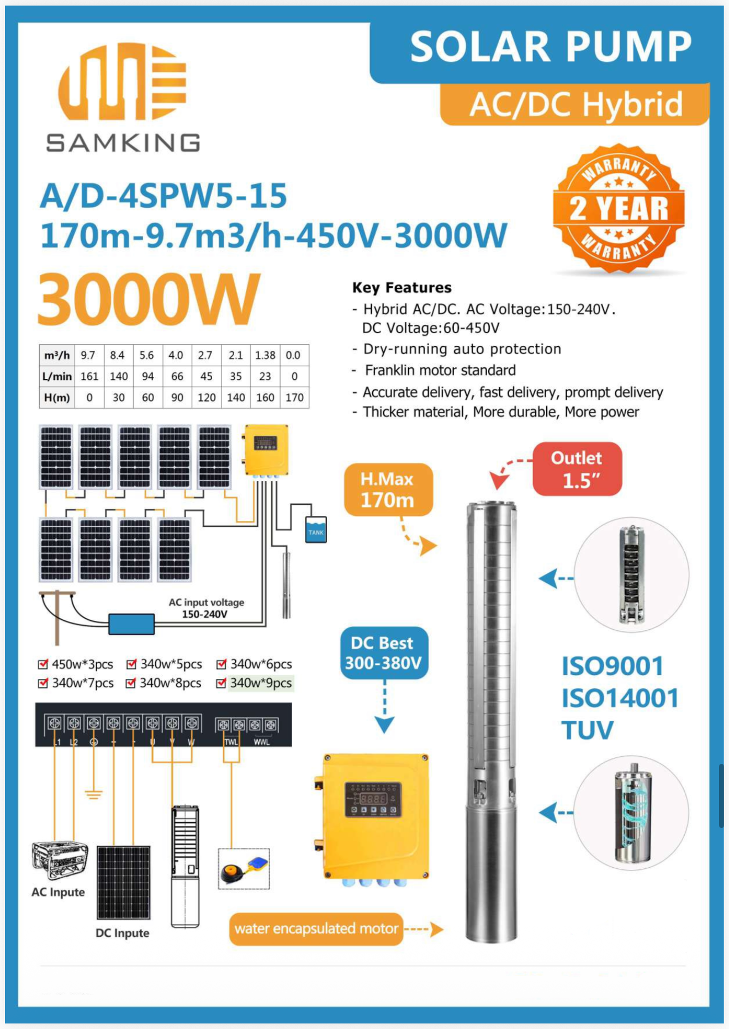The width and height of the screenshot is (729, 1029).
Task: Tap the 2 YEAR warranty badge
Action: coord(619,209)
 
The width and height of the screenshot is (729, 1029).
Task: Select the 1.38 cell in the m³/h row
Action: coord(265,355)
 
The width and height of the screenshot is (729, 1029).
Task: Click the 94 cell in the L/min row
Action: coord(147,376)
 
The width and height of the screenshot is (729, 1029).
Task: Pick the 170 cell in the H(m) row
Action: coord(294,397)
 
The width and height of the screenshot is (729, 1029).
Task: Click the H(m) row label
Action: coord(56,397)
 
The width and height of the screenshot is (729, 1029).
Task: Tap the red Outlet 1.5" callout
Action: coord(577,469)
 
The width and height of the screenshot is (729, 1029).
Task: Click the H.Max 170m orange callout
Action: coord(388,490)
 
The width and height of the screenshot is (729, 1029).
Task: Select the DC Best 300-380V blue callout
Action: coord(384,653)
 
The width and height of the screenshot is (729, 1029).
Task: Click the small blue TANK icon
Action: coord(316,530)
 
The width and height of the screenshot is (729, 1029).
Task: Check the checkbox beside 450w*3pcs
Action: coord(43,664)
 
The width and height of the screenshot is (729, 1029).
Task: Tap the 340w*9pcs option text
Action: coord(261,683)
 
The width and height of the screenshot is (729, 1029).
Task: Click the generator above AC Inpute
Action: coord(60,859)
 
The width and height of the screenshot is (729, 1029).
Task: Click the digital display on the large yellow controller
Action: coord(373,799)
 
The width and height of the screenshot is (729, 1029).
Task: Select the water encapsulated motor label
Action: coord(316,928)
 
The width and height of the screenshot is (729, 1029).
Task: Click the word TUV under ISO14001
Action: coord(587,730)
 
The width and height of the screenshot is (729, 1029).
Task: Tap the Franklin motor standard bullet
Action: coord(440,370)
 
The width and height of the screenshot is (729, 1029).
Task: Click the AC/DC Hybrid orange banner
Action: coord(575,104)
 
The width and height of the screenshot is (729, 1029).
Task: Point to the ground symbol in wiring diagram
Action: coord(93,794)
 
